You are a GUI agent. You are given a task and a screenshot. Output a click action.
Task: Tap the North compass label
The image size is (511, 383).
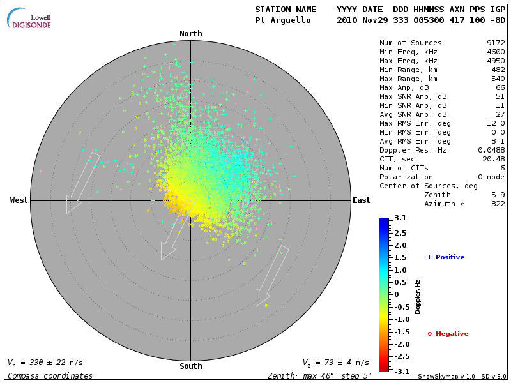click(190, 34)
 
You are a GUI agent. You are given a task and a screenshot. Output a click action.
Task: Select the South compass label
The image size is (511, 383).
click(190, 366)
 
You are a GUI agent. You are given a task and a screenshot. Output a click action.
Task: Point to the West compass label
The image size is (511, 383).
click(19, 200)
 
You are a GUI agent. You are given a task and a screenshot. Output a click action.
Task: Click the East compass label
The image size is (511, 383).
click(362, 200)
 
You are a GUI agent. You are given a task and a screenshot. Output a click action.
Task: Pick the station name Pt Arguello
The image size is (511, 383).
click(283, 20)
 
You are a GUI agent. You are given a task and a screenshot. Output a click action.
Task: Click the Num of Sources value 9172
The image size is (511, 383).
click(496, 43)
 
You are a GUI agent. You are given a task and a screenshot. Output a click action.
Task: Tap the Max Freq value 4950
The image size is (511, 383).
click(496, 60)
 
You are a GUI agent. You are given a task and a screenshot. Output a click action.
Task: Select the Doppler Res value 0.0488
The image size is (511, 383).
click(492, 150)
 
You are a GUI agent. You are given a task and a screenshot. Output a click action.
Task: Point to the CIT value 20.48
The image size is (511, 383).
click(494, 159)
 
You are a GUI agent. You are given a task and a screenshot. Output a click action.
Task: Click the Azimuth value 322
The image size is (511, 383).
click(498, 204)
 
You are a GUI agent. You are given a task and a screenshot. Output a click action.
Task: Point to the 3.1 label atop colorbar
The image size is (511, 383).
click(400, 218)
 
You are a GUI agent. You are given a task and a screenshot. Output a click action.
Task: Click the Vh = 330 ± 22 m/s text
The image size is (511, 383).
click(45, 363)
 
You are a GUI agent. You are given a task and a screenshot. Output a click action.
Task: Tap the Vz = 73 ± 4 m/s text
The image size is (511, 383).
click(335, 363)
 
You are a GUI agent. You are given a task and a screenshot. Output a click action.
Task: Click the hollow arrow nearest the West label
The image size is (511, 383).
click(83, 183)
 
